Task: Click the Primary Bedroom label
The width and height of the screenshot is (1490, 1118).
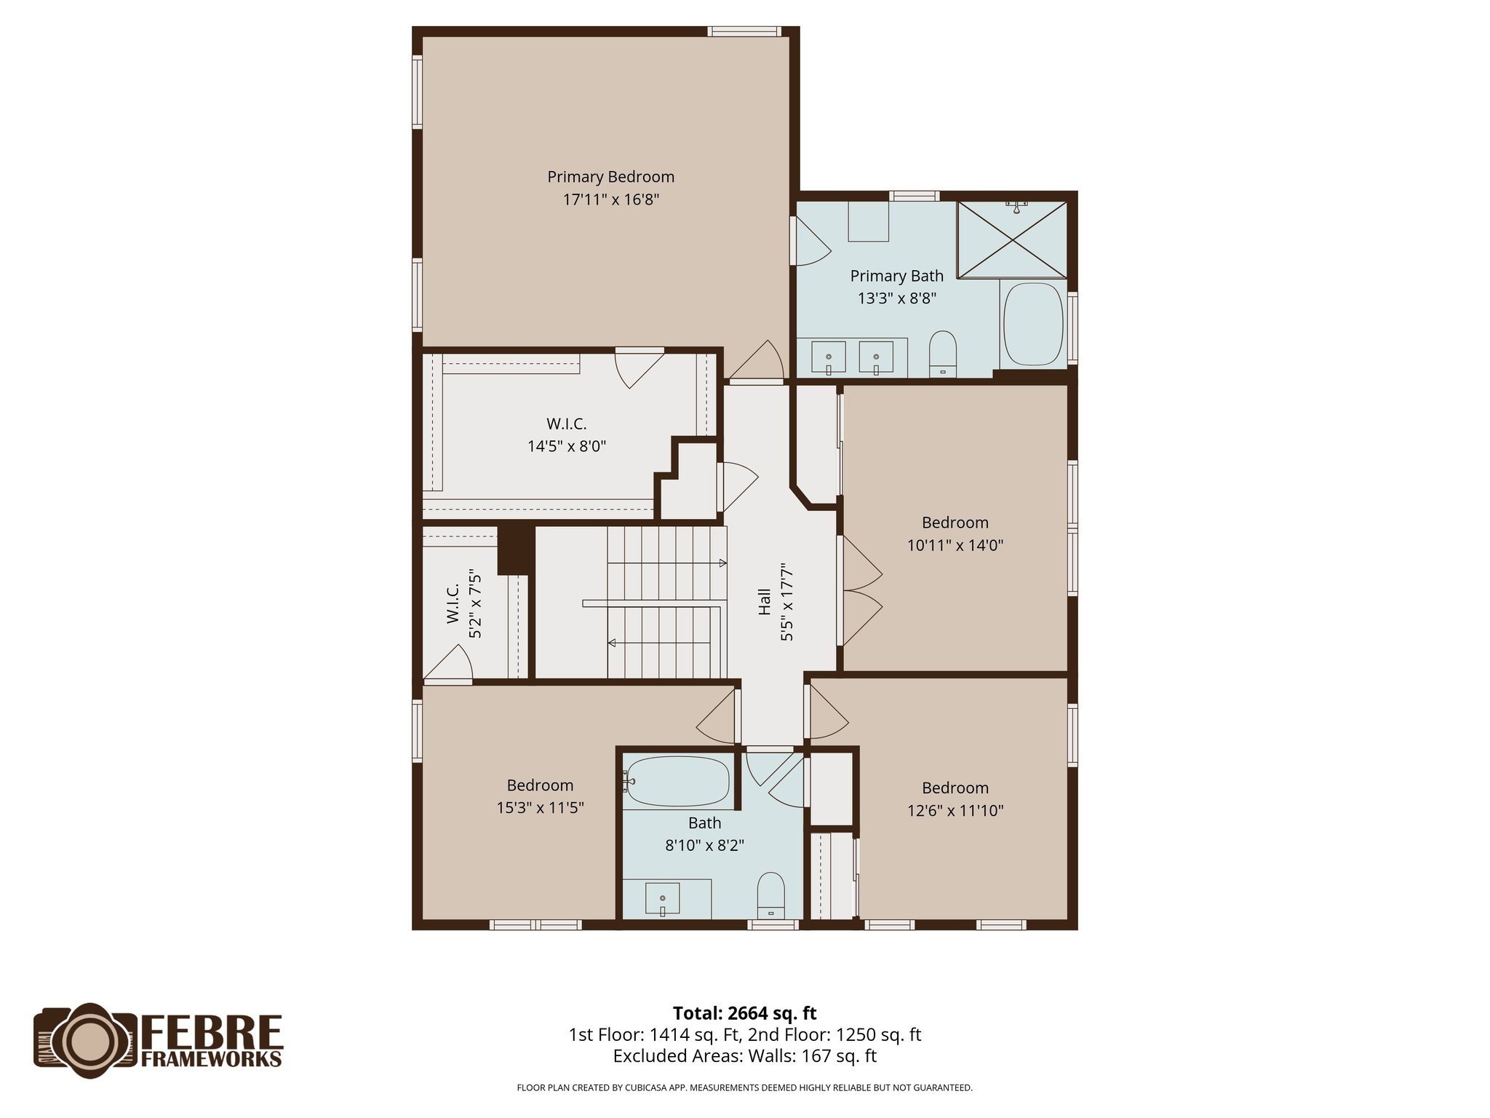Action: [x=610, y=177]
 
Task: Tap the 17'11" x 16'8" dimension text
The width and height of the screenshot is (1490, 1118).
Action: [x=610, y=199]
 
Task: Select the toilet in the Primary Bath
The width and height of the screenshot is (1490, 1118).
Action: [x=943, y=354]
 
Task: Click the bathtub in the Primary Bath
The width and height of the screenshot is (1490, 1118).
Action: [x=1033, y=325]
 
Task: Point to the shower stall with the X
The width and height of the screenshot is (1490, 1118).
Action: [x=1012, y=239]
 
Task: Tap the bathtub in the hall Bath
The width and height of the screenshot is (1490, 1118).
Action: [x=677, y=782]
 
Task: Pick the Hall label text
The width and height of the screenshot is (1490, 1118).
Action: [x=765, y=601]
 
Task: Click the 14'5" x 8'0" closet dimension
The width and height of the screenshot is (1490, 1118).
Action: [x=567, y=446]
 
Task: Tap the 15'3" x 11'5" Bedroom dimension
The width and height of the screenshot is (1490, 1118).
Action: [x=540, y=807]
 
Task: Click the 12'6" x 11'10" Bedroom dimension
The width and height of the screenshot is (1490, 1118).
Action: [x=955, y=810]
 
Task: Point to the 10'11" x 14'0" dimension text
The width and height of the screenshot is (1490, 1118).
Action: [x=955, y=545]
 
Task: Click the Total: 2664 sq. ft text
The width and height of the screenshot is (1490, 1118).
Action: [x=744, y=1013]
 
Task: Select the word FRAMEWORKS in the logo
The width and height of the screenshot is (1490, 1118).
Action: [x=211, y=1059]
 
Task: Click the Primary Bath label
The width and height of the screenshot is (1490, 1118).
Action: [x=896, y=276]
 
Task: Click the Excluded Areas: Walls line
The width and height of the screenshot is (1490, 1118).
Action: [x=744, y=1056]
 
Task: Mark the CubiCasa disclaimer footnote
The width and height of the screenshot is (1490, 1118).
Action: [x=744, y=1088]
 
